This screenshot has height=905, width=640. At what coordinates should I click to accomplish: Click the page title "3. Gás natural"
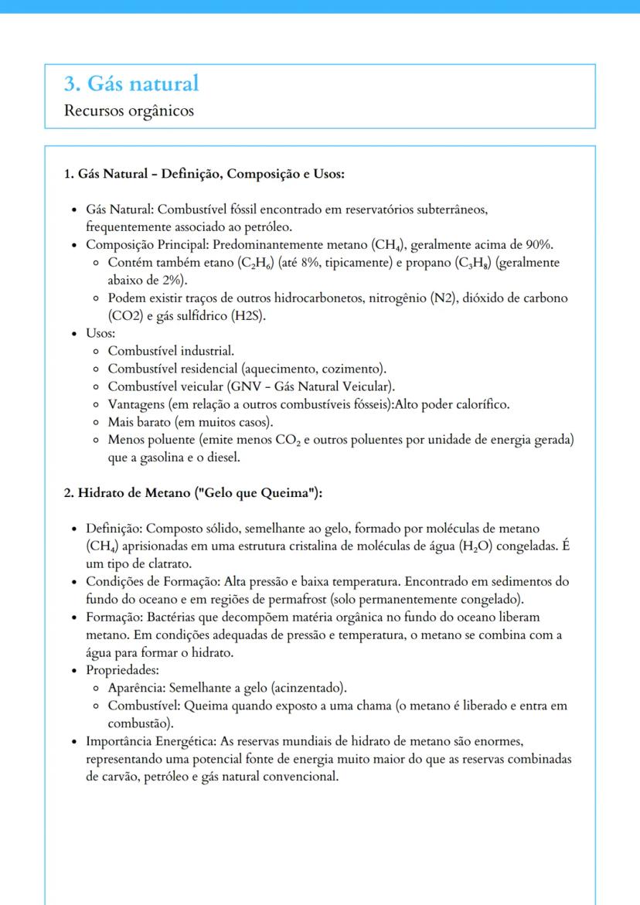pos(132,83)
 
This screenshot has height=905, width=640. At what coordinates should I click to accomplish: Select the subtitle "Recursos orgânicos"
pos(129,111)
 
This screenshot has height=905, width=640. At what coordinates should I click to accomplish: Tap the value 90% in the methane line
pos(539,245)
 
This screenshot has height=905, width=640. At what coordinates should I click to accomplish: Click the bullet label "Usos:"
pos(100,333)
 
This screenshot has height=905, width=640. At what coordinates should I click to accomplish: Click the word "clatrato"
pos(165,563)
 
